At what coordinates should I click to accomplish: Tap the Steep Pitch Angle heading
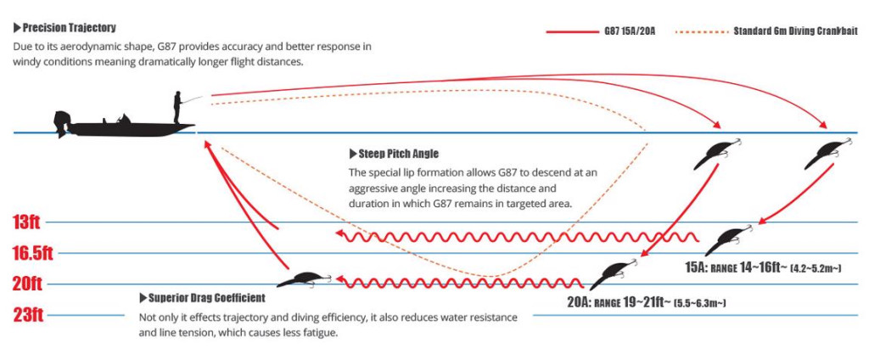coord(395,154)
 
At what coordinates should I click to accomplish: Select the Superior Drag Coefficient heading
coord(202,298)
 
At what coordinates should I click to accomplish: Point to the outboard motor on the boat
coord(62,122)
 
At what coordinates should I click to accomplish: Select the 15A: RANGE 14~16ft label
coord(763,267)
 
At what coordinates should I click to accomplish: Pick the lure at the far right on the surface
coord(825,152)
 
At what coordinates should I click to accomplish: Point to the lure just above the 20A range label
coord(612,272)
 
